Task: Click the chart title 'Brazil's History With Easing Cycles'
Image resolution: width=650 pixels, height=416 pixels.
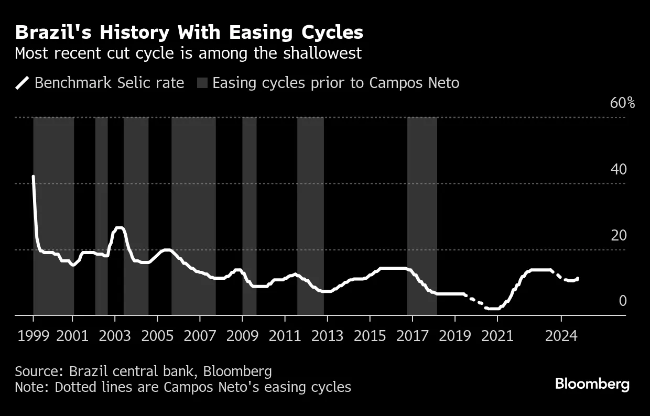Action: pos(189,32)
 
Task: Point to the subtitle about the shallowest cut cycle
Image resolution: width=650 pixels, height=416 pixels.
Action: pos(188,53)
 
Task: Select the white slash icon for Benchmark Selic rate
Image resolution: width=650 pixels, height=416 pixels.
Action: pos(23,83)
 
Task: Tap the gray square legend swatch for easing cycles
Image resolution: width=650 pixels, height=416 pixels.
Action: pos(202,83)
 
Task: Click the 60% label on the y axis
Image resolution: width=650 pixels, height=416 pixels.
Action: pos(622,103)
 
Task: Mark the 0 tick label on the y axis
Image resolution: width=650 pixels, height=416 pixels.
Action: pos(622,301)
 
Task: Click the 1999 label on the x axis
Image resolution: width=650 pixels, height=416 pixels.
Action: pos(33,336)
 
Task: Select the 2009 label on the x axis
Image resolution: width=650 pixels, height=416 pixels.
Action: pos(242,336)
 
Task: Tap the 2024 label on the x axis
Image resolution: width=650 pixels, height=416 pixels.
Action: pos(561,336)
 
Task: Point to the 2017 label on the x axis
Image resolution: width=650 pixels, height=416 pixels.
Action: pos(412,336)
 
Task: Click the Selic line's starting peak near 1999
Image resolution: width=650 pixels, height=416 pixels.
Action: pos(34,177)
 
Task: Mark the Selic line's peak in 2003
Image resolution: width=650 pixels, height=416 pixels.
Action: pos(119,227)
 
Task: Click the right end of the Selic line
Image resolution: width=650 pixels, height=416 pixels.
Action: pos(578,278)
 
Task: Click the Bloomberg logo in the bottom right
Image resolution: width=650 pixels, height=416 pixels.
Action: pos(592,384)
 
